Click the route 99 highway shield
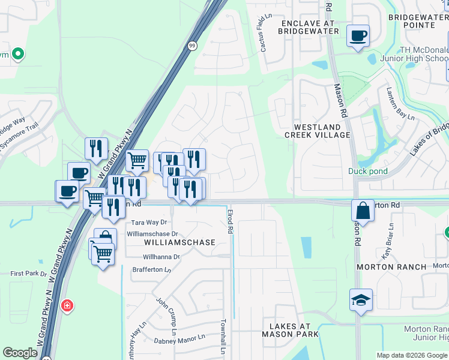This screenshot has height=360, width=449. [191, 46]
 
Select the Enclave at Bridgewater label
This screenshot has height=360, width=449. [310, 27]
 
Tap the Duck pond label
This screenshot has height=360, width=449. [367, 171]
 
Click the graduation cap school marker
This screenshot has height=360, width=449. [360, 299]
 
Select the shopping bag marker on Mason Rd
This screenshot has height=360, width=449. [363, 211]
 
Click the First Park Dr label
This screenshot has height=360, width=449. [28, 274]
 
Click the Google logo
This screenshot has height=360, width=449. [20, 353]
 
